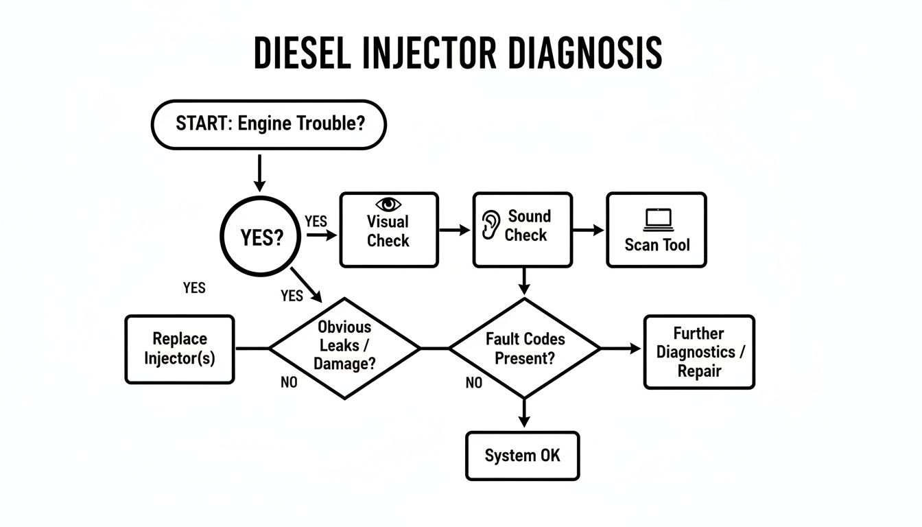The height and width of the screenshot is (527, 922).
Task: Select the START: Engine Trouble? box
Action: pos(268,124)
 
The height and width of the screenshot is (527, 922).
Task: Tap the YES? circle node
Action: pos(261,237)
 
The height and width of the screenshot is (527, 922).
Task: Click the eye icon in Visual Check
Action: pos(388,204)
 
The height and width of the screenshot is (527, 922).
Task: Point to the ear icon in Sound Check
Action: pos(490,224)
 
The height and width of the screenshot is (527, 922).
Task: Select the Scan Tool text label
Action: pos(657,244)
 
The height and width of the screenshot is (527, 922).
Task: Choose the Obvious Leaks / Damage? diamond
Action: pos(344,348)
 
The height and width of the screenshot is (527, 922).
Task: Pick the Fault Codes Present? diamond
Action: pos(525,348)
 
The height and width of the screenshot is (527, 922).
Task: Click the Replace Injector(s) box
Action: pos(180,349)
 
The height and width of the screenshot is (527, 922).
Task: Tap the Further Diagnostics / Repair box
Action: pos(698,352)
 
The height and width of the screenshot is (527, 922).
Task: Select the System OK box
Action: pos(522,456)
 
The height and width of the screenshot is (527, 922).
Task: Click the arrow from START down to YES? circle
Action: pos(259,173)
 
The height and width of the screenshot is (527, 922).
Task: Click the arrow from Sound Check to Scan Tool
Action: pos(589,231)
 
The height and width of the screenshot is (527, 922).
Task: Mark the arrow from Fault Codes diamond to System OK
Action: pos(524,414)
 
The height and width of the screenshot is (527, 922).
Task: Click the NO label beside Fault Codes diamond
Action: pos(473,383)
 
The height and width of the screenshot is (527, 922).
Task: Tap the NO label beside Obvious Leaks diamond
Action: pos(289,383)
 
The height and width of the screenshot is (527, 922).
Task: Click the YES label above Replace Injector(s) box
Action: pos(194,288)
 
